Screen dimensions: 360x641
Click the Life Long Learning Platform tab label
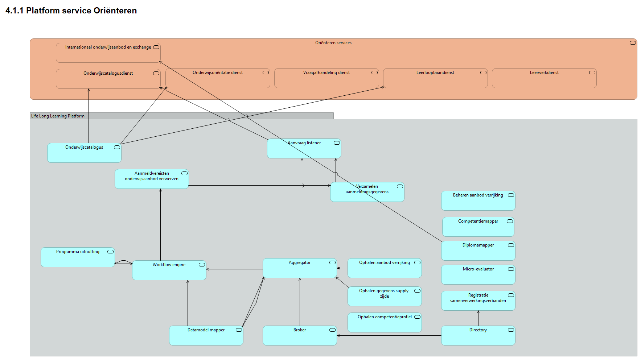click(58, 116)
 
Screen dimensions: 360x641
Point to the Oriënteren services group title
click(333, 43)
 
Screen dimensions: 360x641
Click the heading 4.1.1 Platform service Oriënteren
click(71, 11)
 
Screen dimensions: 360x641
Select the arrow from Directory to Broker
click(388, 335)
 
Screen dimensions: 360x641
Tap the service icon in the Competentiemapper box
click(510, 221)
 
